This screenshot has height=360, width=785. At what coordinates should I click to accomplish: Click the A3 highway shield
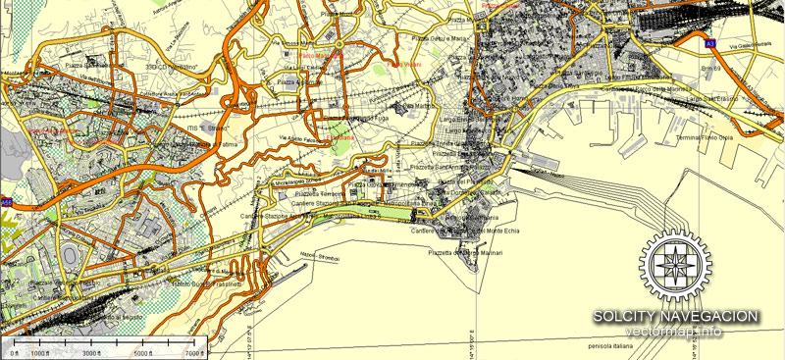pyautogui.click(x=709, y=44)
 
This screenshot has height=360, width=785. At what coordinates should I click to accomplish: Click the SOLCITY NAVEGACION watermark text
pyautogui.click(x=675, y=315)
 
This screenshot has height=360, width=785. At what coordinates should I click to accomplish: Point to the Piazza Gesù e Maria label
pyautogui.click(x=441, y=38)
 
